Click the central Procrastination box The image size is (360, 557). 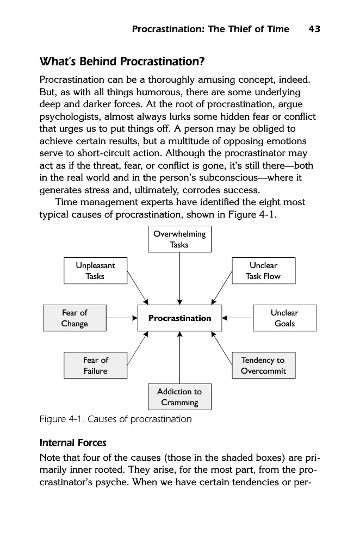tap(179, 318)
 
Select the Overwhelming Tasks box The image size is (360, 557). tap(179, 239)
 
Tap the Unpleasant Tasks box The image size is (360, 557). tap(95, 271)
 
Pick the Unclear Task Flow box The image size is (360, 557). tap(263, 271)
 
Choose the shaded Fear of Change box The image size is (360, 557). tap(75, 318)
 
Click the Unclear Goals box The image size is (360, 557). tap(284, 318)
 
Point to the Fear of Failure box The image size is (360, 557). tap(95, 366)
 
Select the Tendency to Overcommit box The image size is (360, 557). tap(263, 366)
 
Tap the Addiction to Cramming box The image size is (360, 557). tap(179, 397)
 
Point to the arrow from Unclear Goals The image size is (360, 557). tap(238, 318)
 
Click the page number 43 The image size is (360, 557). tap(314, 29)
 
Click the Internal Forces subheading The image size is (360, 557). tap(73, 442)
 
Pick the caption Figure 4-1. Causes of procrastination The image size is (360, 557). tap(116, 419)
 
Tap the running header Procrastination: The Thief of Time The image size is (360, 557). tap(210, 29)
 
